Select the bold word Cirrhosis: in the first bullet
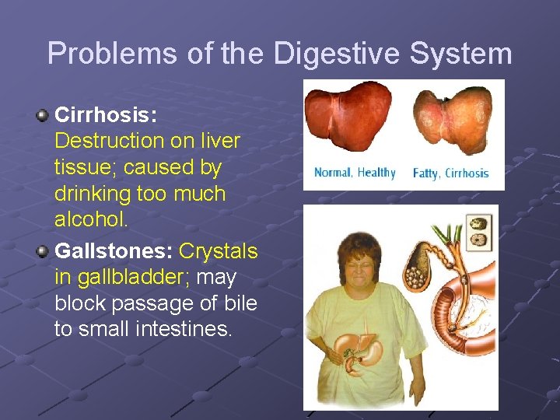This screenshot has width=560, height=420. (x=106, y=115)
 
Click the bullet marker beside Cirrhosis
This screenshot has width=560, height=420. (x=44, y=116)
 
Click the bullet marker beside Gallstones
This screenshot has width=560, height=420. (x=44, y=250)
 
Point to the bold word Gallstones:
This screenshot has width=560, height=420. (x=114, y=251)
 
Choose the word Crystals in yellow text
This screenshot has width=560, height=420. (x=219, y=251)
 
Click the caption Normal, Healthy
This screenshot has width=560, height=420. (x=355, y=173)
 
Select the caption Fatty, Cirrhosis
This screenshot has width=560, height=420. (x=450, y=173)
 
